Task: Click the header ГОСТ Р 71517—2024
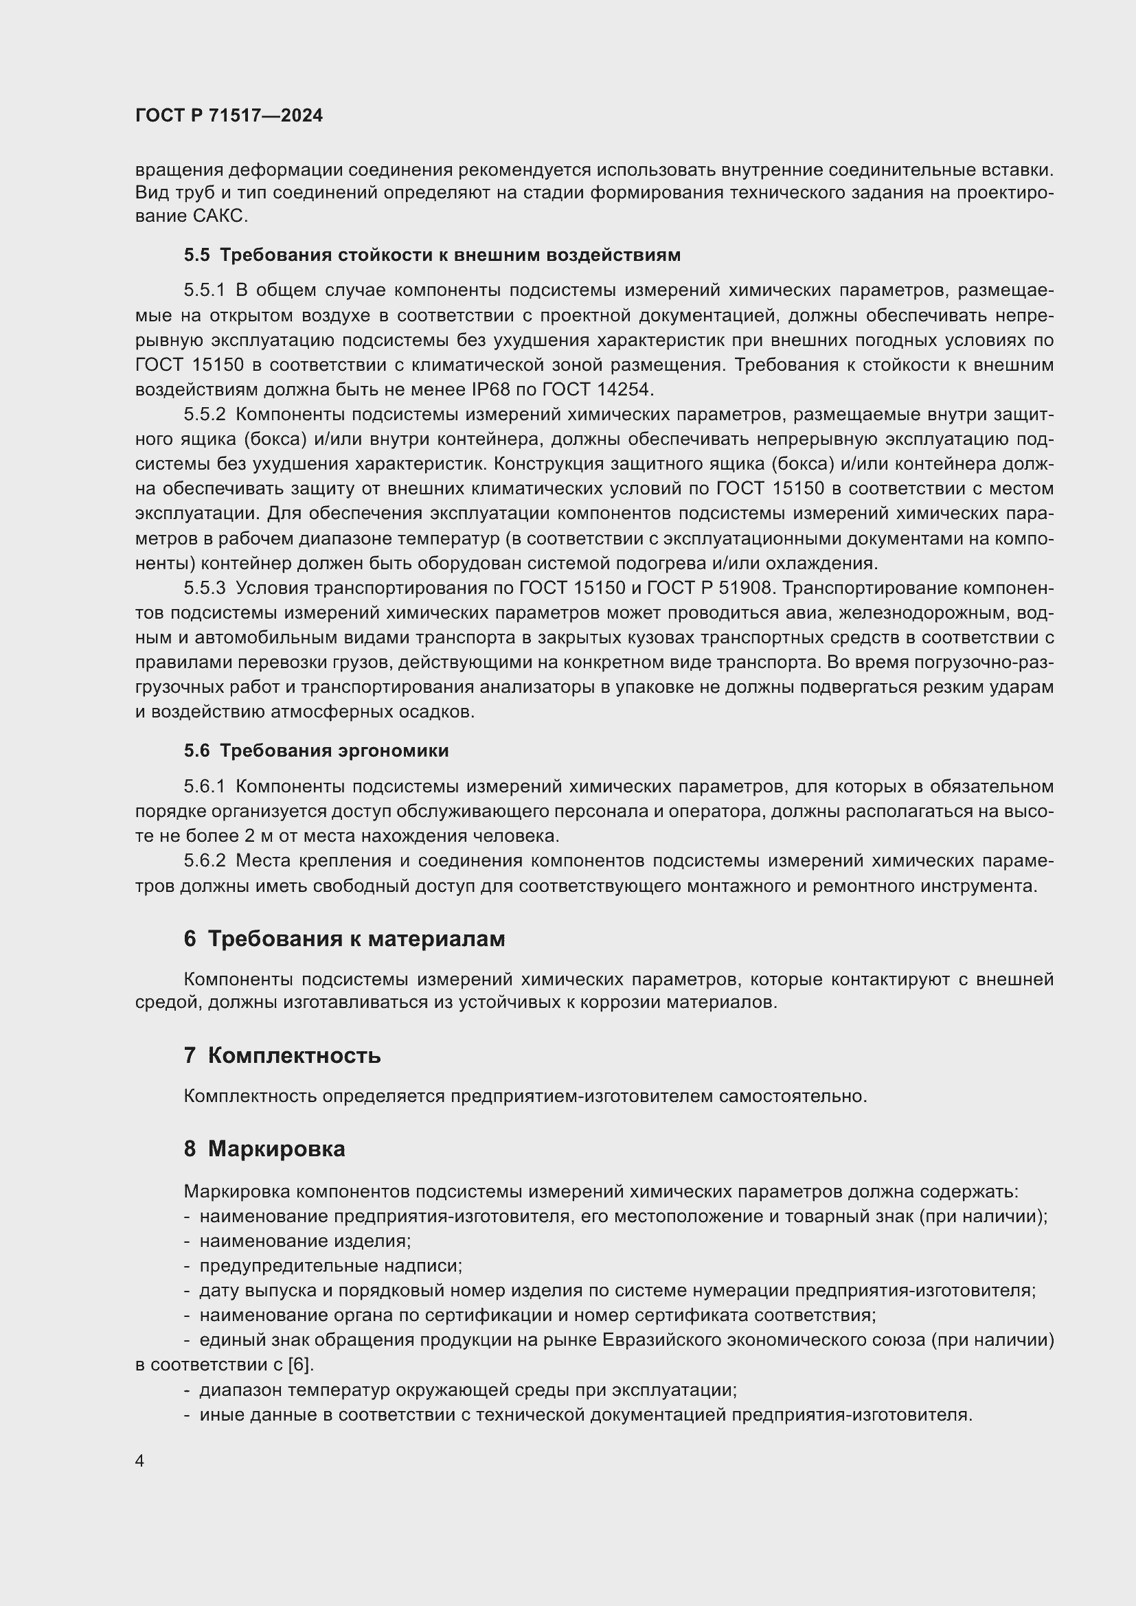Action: pos(229,116)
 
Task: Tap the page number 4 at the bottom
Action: pos(140,1461)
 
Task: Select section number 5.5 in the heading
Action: pos(196,255)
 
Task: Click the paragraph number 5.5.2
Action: pos(204,415)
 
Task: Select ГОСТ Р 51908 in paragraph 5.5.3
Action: pos(711,588)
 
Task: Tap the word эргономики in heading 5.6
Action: pos(393,751)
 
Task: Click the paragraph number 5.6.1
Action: pos(204,787)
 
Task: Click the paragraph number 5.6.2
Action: pos(204,861)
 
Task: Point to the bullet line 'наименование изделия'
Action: pos(305,1241)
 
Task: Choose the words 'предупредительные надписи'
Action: pos(330,1266)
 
